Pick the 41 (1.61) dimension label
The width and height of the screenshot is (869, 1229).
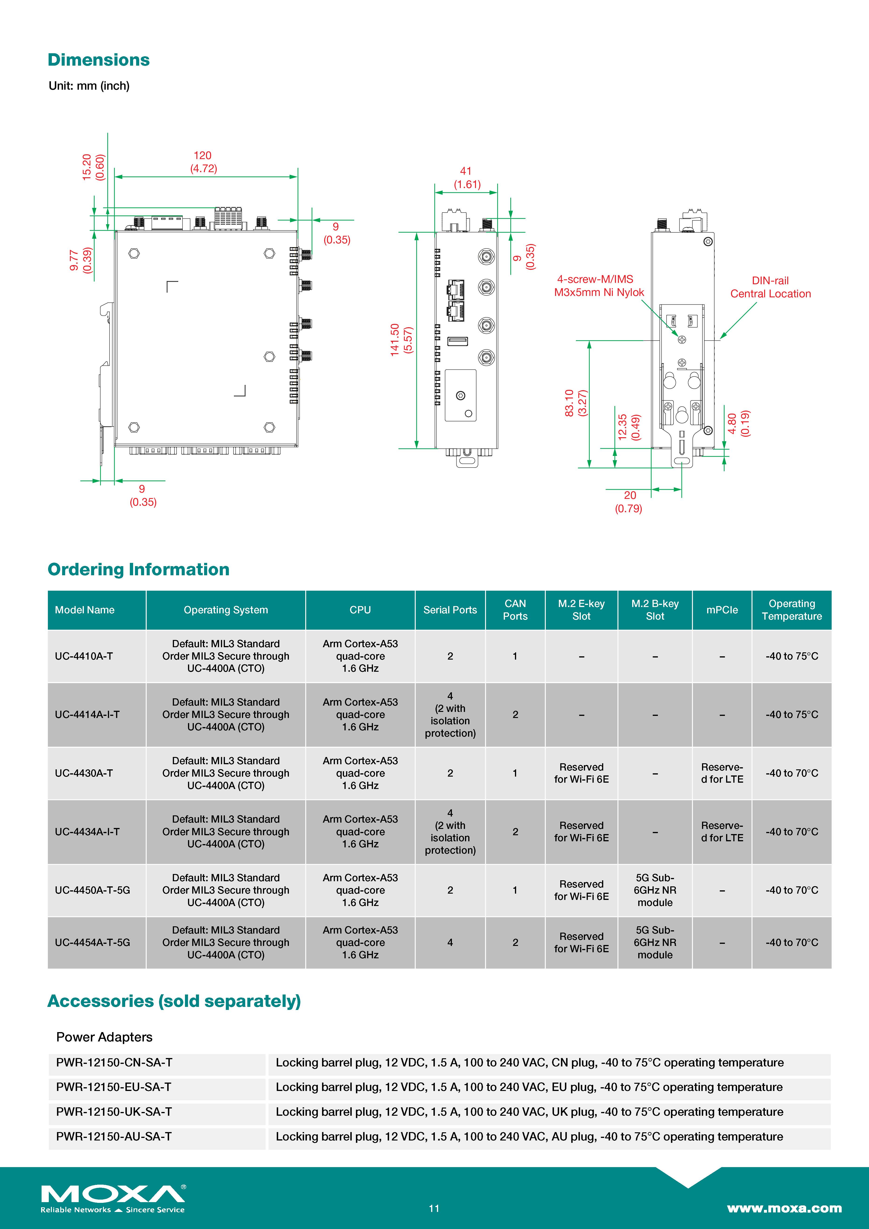(x=467, y=178)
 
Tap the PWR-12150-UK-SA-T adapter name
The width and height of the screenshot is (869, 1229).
(x=114, y=1112)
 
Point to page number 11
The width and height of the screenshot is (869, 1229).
(x=434, y=1208)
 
